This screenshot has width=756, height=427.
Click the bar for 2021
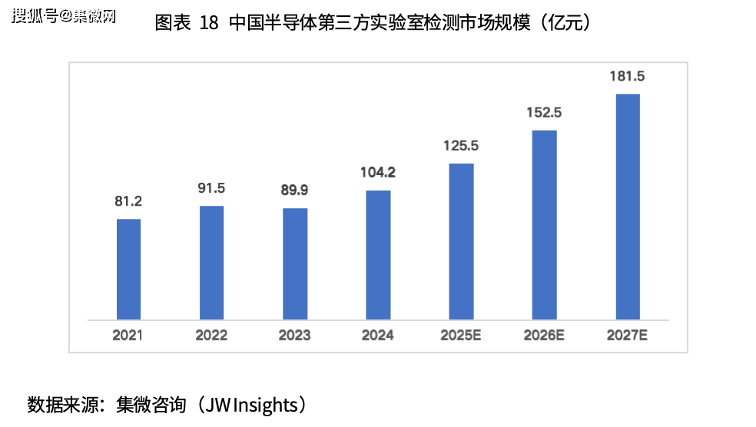128,269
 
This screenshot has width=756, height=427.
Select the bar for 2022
211,262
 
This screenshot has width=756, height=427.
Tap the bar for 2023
295,263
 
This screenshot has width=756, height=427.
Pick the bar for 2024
378,254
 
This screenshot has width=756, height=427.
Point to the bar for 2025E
461,241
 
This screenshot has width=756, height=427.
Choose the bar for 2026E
544,224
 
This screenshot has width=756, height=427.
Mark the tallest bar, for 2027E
628,206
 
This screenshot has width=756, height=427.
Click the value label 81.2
128,202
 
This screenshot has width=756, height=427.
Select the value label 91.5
211,189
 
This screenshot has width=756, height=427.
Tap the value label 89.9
295,191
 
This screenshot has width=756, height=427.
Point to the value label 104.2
378,173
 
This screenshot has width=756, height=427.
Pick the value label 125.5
461,145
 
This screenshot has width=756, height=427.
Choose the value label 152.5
544,112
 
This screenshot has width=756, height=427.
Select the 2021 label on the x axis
128,336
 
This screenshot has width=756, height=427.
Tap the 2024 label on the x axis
378,336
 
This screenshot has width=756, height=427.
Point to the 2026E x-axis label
544,336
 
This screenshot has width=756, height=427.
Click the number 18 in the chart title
208,23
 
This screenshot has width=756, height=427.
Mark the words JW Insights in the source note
250,404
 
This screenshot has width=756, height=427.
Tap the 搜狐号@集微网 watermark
63,16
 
